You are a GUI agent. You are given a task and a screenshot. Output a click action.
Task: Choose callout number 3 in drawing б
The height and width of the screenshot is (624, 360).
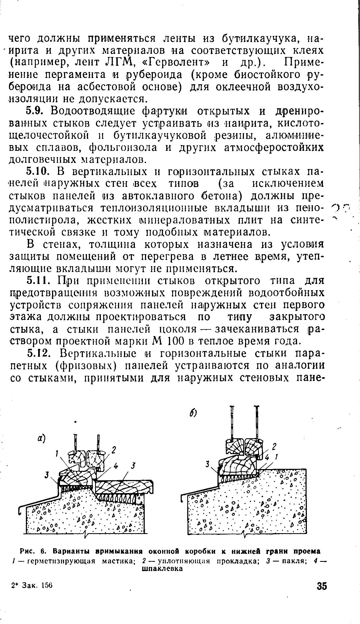(208, 464)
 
